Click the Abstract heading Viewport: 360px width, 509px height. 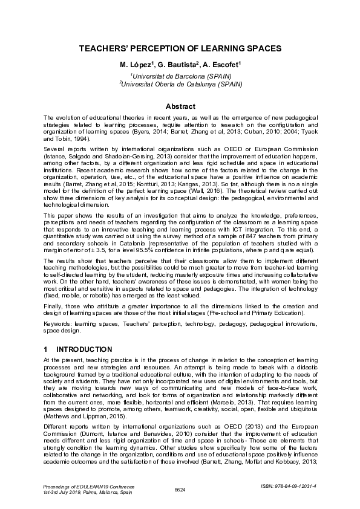point(180,106)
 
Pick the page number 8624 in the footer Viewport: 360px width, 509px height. point(180,488)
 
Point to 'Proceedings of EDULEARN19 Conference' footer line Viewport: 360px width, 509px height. point(89,485)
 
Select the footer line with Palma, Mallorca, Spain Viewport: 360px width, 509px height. point(88,493)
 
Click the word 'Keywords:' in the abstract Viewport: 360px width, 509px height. point(58,324)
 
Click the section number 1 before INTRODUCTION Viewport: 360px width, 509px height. point(46,349)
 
